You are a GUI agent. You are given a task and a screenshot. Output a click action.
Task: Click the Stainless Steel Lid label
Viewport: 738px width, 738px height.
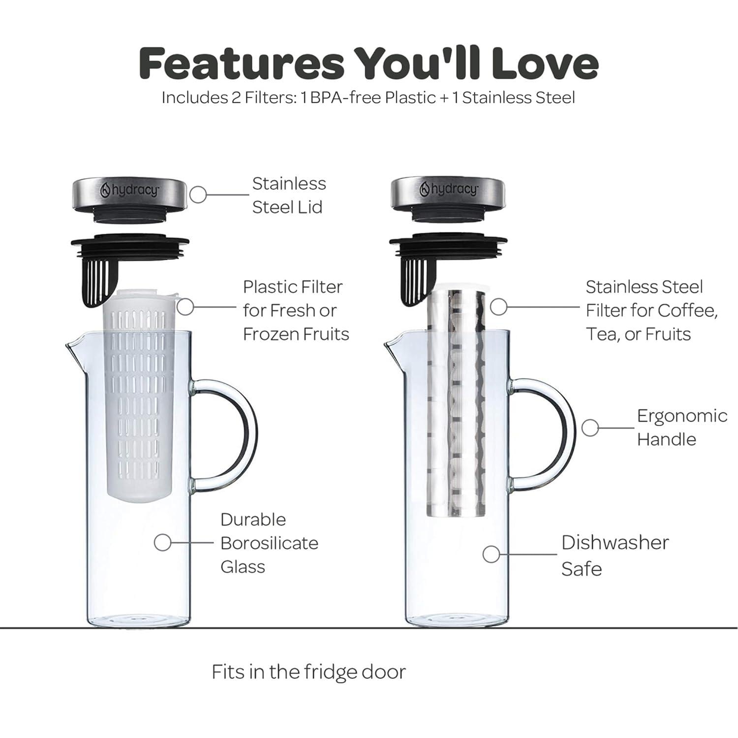tap(289, 195)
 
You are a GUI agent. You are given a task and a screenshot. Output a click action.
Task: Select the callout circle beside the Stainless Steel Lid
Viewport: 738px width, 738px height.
tap(198, 195)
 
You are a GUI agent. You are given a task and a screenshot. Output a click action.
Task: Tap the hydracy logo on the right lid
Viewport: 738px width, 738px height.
tap(448, 189)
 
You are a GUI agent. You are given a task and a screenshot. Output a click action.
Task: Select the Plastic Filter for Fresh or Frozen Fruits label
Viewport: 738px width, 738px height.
tap(296, 310)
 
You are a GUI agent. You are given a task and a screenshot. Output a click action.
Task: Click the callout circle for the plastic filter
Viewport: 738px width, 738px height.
tap(185, 307)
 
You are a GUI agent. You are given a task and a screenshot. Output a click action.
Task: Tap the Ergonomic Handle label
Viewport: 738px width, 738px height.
tap(681, 428)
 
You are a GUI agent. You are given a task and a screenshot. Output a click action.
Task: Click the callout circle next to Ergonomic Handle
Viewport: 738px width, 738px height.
tap(590, 428)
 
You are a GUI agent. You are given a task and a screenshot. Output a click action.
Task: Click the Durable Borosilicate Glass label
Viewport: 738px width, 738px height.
tap(269, 543)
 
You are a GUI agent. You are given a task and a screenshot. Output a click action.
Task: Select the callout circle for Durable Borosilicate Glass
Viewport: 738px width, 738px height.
tap(162, 543)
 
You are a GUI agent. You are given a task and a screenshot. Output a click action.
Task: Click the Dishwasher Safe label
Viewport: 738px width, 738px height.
tap(615, 555)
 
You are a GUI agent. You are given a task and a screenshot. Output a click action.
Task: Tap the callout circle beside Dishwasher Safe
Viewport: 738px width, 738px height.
tap(491, 554)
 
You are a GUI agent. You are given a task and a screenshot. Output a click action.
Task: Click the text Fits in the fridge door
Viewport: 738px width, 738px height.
tap(308, 672)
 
